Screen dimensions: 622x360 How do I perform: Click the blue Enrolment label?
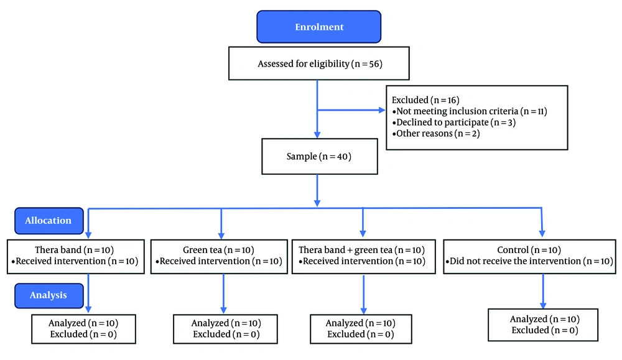point(319,27)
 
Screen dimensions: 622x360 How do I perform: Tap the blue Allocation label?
point(49,221)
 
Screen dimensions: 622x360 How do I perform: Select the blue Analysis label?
point(49,295)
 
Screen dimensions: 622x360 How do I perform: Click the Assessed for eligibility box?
point(319,63)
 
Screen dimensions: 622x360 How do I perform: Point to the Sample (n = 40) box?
point(319,156)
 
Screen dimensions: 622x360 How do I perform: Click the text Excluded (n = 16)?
point(425,100)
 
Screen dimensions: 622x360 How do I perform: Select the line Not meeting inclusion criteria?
point(470,111)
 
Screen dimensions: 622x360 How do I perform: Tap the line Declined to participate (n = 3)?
point(454,122)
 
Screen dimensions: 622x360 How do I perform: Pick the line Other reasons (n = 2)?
point(436,134)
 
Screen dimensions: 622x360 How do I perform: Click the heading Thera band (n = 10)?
point(74,250)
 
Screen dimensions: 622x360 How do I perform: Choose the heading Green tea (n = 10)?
point(218,250)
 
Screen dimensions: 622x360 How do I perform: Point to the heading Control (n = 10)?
point(529,250)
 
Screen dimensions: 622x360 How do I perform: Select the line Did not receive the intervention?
point(529,261)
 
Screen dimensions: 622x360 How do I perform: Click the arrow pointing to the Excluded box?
point(351,110)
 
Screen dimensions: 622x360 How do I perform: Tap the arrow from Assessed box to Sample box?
point(317,109)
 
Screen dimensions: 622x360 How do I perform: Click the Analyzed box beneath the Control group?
point(543,325)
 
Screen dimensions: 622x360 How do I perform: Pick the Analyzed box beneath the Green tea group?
point(225,329)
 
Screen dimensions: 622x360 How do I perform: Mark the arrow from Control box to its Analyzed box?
point(543,291)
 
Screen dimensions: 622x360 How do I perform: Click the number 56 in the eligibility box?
point(373,64)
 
